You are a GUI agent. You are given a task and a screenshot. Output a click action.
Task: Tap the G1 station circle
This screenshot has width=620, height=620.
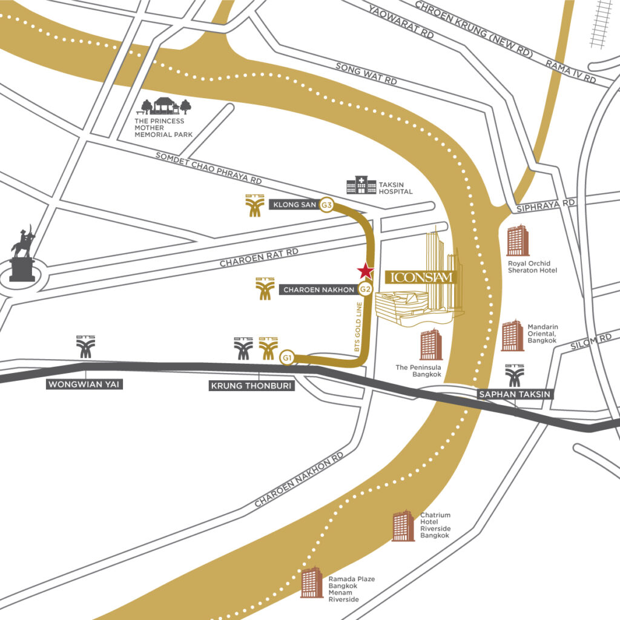(x=287, y=358)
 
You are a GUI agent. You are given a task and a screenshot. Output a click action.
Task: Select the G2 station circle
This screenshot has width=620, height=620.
(x=364, y=289)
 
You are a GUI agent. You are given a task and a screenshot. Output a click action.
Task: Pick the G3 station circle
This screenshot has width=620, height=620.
(x=327, y=205)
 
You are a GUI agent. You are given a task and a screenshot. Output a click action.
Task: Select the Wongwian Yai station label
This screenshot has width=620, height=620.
(x=85, y=384)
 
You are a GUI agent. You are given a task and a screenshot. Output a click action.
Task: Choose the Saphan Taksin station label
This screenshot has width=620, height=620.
(x=515, y=394)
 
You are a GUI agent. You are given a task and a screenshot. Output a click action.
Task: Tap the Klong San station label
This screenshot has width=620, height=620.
(x=295, y=205)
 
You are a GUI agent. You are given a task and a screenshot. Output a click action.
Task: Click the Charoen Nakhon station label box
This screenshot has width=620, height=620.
(x=319, y=290)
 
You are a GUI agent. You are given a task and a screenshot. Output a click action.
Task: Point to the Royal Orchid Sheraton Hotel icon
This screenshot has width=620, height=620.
(x=518, y=240)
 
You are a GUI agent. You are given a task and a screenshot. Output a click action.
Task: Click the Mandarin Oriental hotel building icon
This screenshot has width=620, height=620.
(x=512, y=335)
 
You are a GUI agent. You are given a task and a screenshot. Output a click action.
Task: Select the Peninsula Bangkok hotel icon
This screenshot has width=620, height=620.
(x=431, y=345)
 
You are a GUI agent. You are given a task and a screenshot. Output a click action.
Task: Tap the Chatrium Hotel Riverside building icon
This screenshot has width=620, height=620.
(x=403, y=526)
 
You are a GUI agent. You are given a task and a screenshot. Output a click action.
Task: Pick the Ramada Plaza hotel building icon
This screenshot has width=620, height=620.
(x=311, y=582)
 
